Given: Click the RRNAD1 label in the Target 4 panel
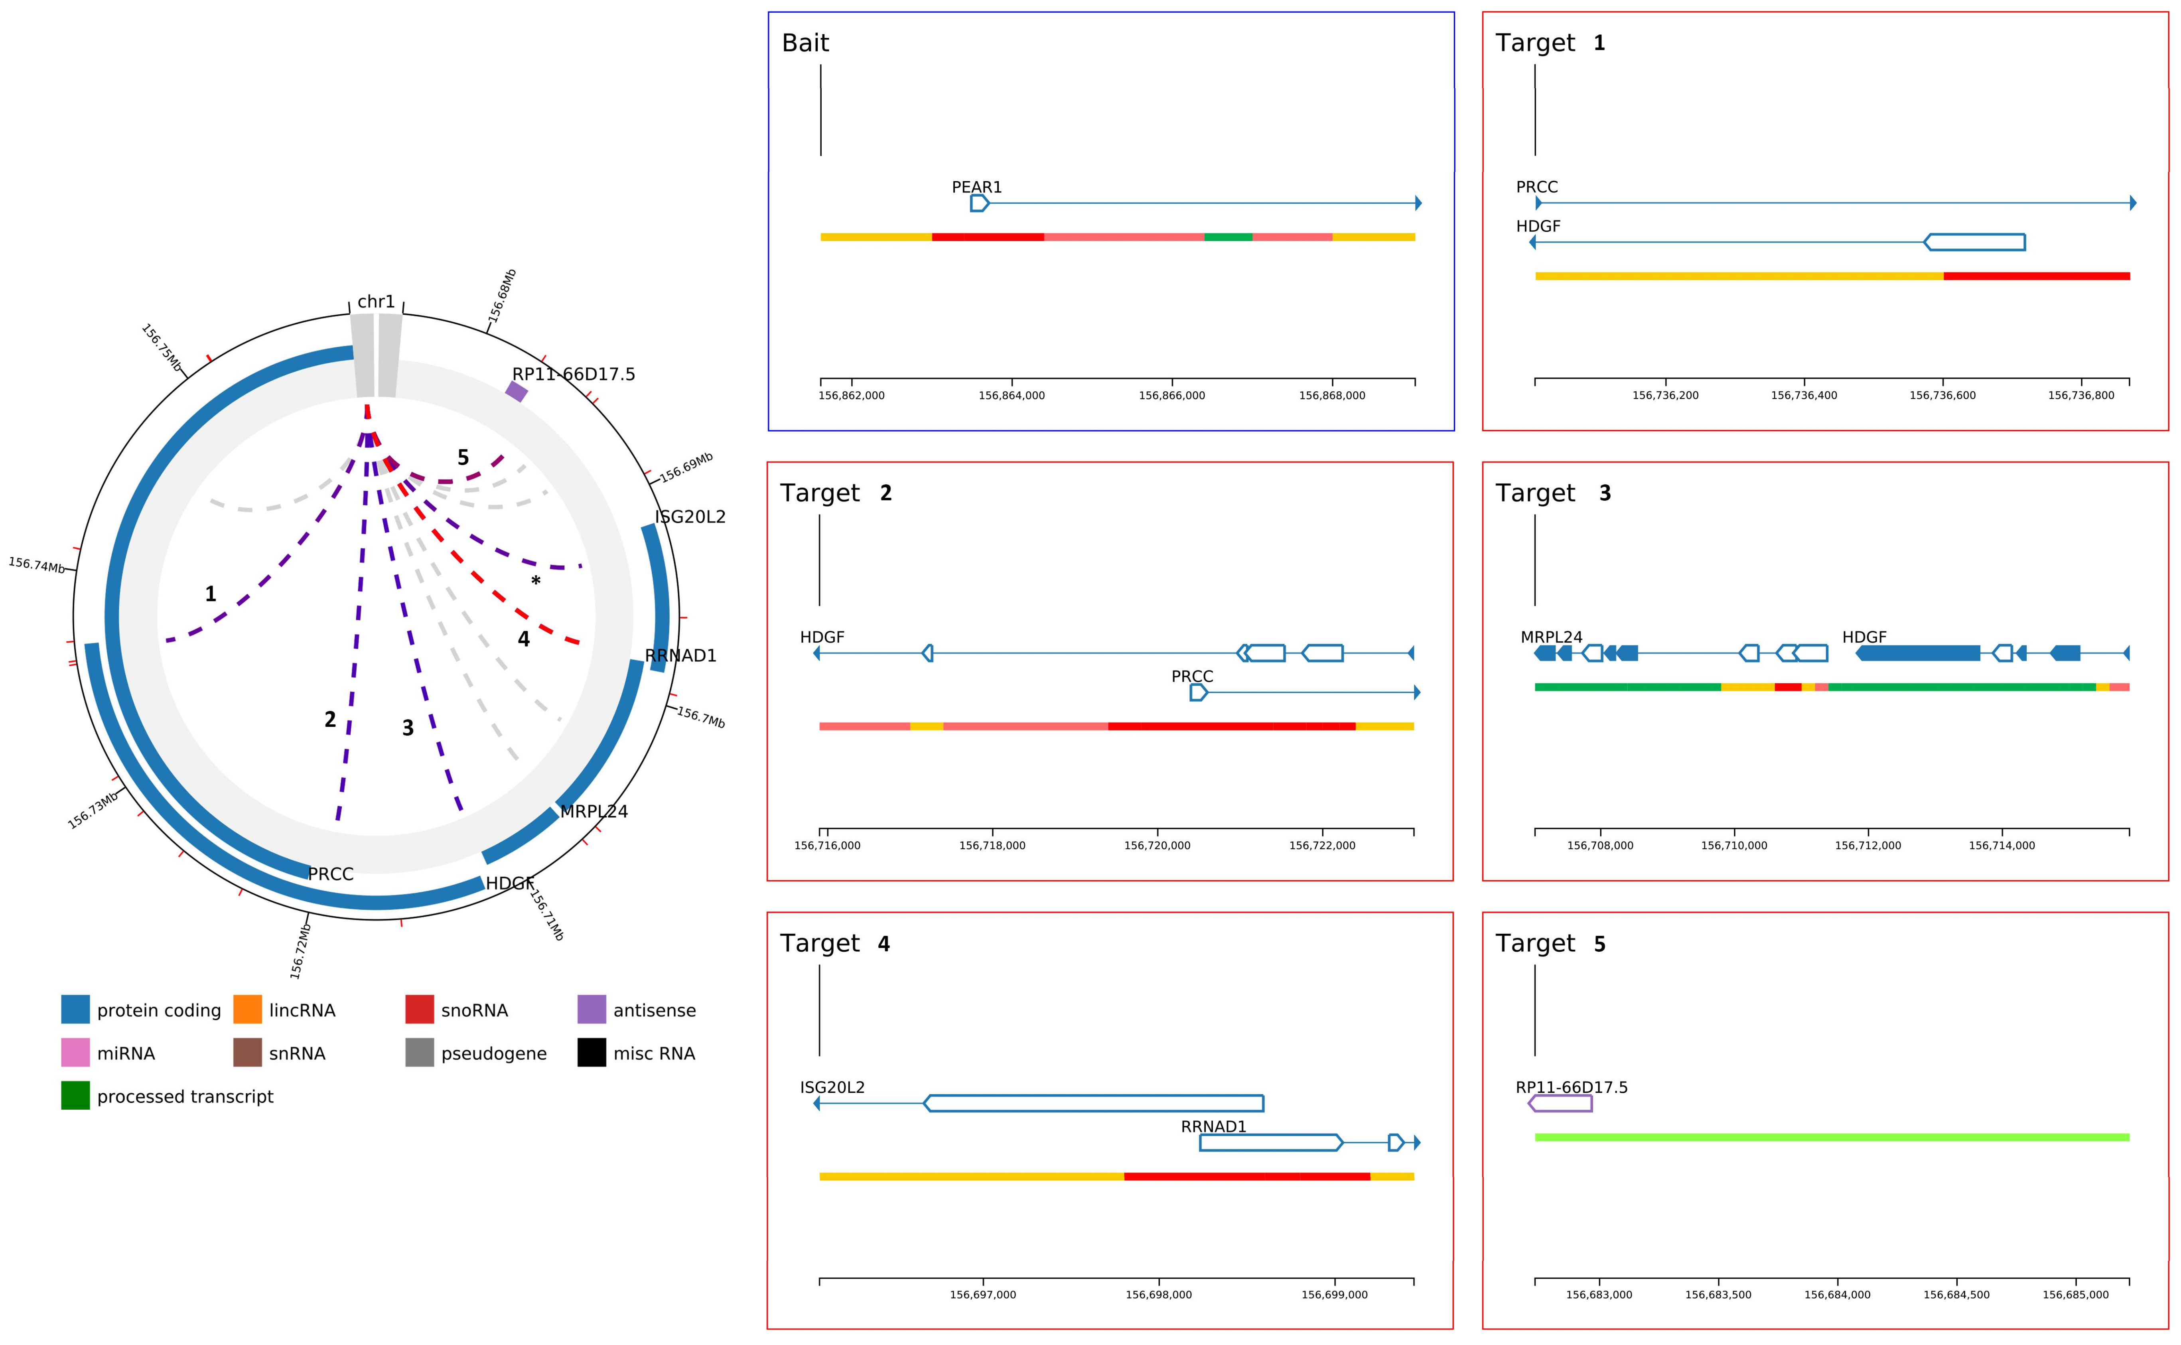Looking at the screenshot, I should (1213, 1126).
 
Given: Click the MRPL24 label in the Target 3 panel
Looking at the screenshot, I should (1551, 637).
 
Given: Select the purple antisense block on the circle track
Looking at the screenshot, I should (517, 391).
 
